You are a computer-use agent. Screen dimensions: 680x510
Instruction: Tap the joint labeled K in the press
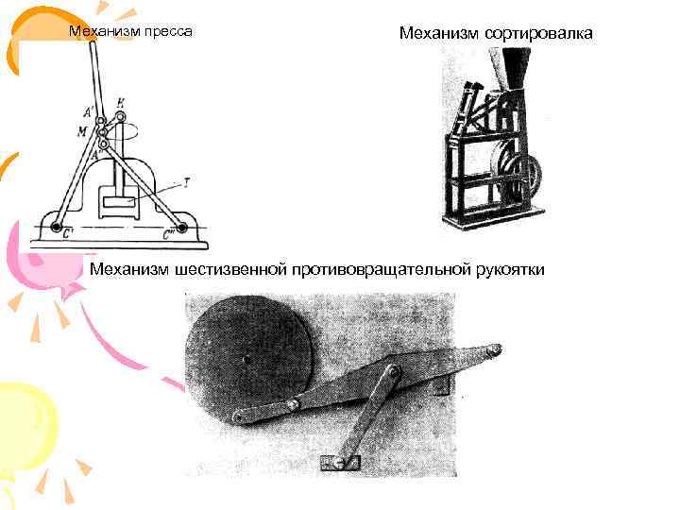pos(120,117)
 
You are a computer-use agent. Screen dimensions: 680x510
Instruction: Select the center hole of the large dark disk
pos(246,359)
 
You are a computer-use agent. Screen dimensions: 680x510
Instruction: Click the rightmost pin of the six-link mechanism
pos(492,351)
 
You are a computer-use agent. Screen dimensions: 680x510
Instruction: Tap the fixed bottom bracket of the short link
pos(339,462)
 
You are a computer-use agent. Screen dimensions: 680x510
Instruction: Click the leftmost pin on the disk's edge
pos(238,416)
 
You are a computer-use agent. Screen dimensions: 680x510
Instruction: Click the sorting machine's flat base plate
pos(491,218)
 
